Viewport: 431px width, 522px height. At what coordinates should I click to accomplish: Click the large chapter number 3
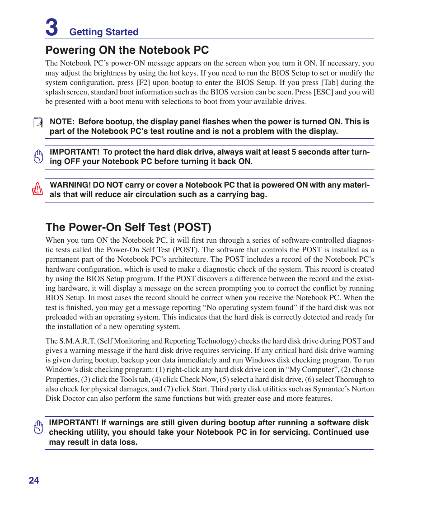tap(52, 27)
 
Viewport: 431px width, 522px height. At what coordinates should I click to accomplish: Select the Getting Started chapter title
tap(104, 32)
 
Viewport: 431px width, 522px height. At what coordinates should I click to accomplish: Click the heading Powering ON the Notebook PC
tap(127, 50)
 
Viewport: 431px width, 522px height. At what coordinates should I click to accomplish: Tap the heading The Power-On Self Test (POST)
tap(128, 227)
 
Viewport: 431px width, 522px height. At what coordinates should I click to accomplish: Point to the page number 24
tap(34, 480)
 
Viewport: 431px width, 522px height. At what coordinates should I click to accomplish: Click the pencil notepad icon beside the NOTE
tap(38, 122)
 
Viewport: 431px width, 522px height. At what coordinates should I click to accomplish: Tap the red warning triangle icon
tap(37, 188)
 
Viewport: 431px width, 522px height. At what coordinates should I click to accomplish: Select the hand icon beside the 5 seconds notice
tap(38, 156)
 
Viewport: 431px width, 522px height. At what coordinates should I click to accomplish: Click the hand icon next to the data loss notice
tap(38, 428)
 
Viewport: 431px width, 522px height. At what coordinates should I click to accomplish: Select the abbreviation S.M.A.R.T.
tap(77, 341)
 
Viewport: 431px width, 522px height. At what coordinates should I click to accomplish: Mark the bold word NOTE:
tap(61, 122)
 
